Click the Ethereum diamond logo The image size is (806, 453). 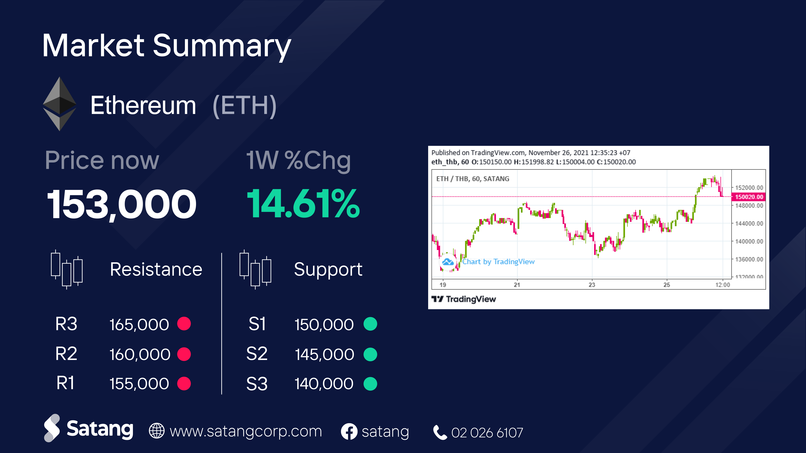point(59,104)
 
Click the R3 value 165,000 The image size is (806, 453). point(139,324)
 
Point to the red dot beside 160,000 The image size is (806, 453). point(184,354)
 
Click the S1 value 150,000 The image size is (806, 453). point(324,324)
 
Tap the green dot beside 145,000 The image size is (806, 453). point(370,354)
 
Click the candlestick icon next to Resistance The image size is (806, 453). point(67,269)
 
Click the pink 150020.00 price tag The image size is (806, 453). point(749,197)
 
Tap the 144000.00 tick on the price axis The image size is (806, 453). point(749,224)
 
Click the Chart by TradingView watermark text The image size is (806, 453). point(498,262)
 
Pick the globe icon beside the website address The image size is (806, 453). point(156,431)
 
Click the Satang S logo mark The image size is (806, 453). point(52,428)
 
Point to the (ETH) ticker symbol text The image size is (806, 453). point(244,105)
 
